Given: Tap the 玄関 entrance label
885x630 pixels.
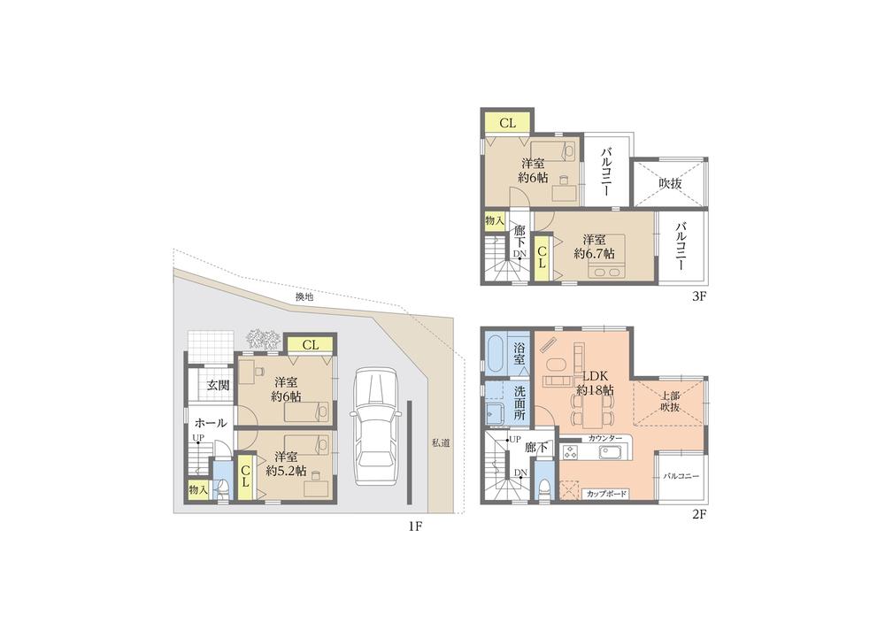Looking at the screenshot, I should pos(219,385).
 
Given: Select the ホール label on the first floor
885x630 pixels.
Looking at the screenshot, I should pos(211,422).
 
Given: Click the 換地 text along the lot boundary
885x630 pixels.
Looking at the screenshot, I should pos(304,298).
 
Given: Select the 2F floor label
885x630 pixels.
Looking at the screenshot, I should pos(697,514).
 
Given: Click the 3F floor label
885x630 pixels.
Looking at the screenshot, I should pos(697,296).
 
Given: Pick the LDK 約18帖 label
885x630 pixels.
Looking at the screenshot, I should pos(594,382).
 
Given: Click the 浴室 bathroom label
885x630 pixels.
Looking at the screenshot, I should pos(520,354).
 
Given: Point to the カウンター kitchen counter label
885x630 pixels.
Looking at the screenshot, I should pos(604,439).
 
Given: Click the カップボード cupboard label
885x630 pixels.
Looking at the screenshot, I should pos(604,494).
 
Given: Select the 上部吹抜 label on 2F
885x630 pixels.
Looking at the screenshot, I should pos(671,401).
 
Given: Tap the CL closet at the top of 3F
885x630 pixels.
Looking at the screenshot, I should pos(507,124).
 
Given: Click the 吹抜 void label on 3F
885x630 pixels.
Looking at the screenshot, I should pos(670,184).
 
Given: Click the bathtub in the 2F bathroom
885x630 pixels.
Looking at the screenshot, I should pos(496,355).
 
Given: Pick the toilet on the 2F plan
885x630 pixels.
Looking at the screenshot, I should pos(545,488).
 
